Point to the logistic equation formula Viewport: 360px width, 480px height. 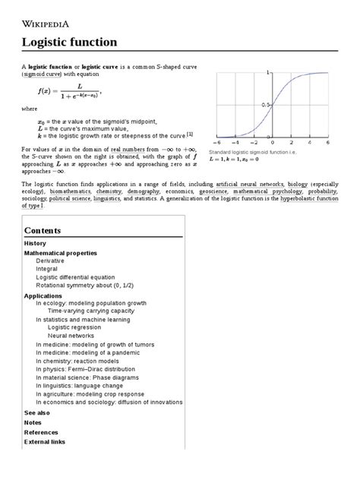[68, 94]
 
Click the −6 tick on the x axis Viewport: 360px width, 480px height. [218, 142]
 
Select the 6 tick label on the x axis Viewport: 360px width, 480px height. [327, 142]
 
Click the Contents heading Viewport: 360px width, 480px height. [43, 229]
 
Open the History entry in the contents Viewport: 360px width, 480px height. [35, 244]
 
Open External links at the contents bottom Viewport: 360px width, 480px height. [45, 441]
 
